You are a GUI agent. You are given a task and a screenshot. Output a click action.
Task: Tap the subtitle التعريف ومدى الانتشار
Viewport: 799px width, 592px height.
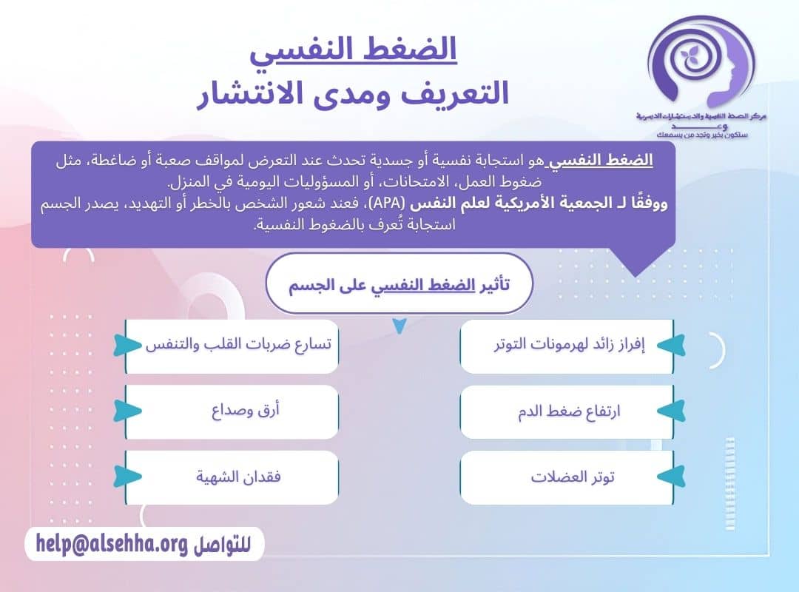click(x=352, y=95)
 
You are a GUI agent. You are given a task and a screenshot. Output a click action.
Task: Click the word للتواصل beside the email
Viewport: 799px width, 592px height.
click(x=222, y=545)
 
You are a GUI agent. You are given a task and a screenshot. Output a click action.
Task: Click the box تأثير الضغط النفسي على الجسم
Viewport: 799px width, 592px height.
click(x=399, y=284)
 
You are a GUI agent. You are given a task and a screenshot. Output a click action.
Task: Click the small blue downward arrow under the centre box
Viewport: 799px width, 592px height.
click(x=399, y=326)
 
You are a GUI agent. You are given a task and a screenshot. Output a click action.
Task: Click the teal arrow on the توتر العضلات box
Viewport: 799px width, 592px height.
click(x=670, y=477)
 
